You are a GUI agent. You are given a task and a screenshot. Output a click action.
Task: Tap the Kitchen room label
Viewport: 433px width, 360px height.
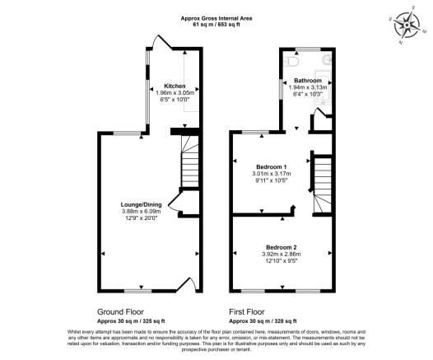(174, 86)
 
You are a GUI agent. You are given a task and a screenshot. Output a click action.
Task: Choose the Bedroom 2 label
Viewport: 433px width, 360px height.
(282, 246)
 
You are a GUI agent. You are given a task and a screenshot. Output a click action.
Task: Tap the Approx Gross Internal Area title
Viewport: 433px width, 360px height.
(216, 18)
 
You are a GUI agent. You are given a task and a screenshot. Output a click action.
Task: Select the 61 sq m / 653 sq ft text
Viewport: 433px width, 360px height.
(216, 26)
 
